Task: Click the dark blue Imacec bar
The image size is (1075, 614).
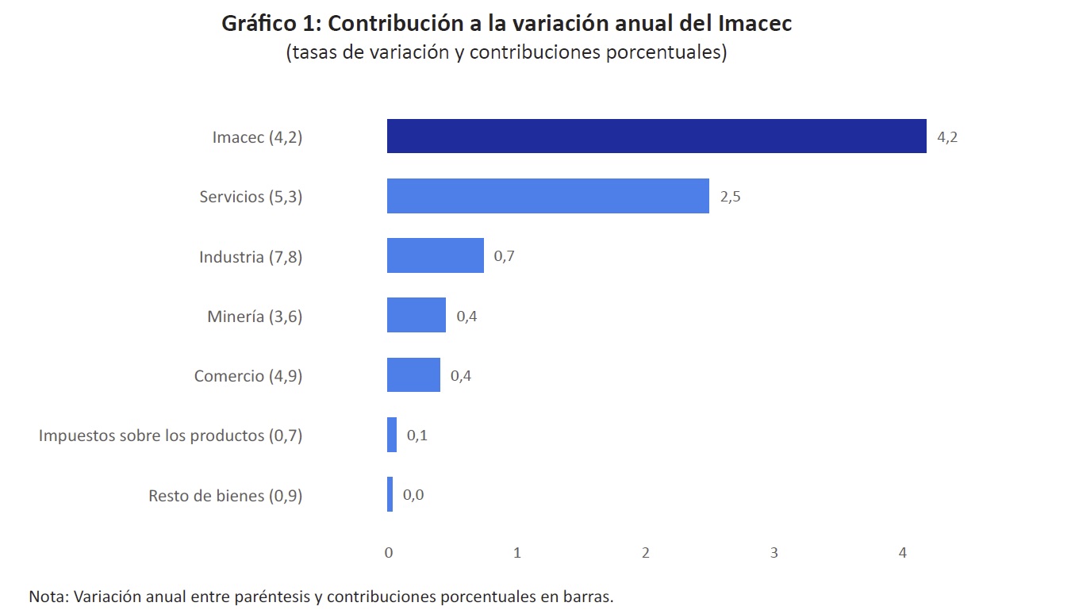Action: [x=656, y=136]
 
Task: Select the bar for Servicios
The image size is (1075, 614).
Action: [x=547, y=196]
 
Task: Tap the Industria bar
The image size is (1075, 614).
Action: [x=435, y=255]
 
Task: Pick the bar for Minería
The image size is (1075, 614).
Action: [x=416, y=315]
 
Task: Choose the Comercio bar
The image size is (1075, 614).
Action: [x=413, y=374]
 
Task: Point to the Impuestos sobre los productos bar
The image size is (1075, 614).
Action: [x=392, y=435]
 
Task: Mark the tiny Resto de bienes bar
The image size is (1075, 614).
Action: [x=390, y=494]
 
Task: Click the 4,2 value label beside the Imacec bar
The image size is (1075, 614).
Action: [x=947, y=136]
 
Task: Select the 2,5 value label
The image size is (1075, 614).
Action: [x=730, y=197]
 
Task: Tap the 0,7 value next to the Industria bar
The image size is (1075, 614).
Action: [x=505, y=256]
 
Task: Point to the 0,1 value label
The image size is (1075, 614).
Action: [x=417, y=435]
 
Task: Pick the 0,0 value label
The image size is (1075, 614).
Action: [x=413, y=495]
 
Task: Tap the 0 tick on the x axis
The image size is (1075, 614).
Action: [x=389, y=553]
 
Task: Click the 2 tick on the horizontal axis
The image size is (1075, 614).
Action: [x=646, y=553]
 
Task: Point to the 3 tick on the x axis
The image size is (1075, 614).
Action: [x=774, y=553]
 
